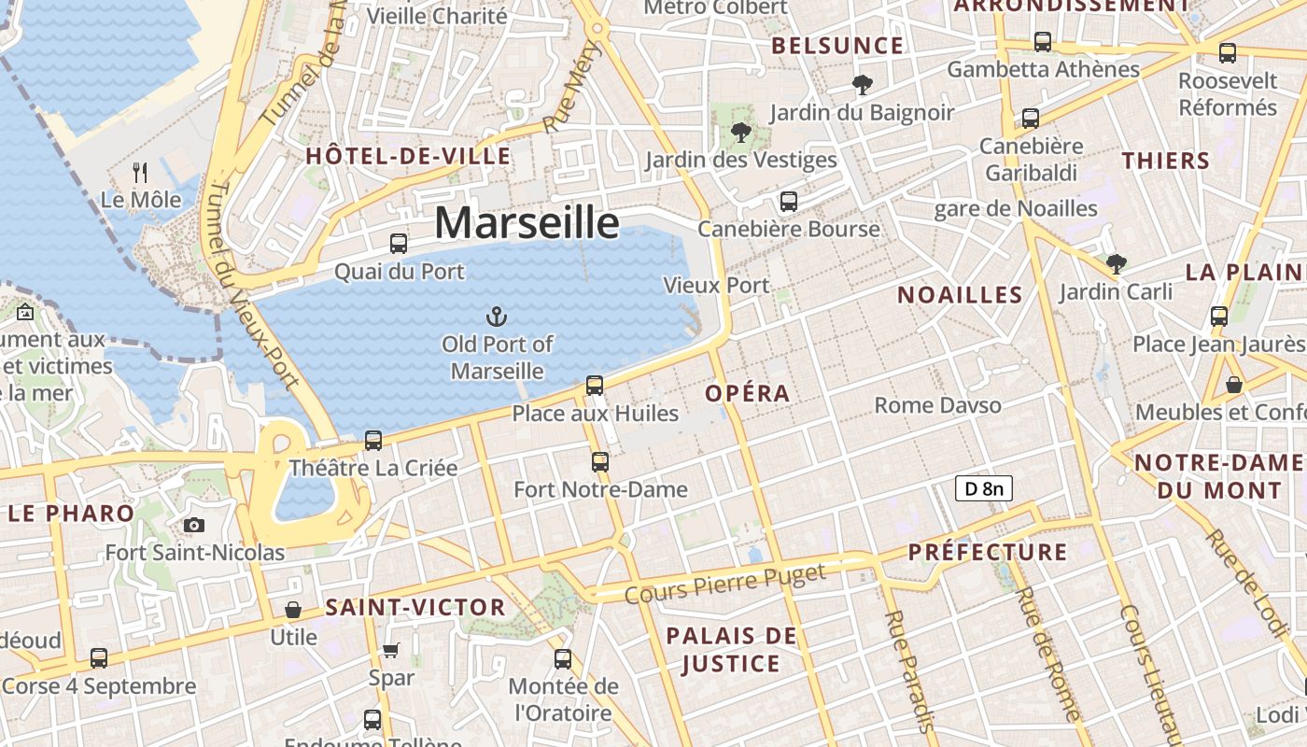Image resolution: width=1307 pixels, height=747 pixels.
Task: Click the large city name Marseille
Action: click(527, 223)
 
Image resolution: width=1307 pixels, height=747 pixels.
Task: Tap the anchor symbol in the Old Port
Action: click(497, 316)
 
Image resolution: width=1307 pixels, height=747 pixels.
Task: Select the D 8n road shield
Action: click(983, 487)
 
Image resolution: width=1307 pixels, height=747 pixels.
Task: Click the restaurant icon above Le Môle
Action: click(140, 172)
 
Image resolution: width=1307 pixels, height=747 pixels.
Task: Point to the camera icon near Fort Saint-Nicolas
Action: click(194, 525)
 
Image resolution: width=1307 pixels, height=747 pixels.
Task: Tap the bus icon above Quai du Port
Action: click(399, 244)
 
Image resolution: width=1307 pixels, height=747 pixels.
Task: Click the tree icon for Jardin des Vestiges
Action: click(741, 133)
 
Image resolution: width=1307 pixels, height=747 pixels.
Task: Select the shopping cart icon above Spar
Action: click(391, 650)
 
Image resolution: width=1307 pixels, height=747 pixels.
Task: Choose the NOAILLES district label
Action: click(960, 296)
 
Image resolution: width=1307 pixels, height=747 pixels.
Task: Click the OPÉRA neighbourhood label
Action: click(748, 393)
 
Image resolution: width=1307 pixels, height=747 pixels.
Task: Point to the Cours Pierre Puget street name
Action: click(725, 583)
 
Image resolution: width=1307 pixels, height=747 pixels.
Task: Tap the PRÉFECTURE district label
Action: click(988, 552)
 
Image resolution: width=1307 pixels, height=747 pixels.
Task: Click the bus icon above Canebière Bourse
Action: click(789, 202)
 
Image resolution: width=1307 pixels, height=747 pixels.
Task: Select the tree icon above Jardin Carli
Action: click(1116, 264)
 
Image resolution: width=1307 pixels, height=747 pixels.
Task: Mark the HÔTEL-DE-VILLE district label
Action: click(408, 156)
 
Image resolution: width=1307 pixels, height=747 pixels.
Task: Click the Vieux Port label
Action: click(716, 286)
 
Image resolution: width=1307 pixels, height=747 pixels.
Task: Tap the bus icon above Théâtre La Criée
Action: click(373, 440)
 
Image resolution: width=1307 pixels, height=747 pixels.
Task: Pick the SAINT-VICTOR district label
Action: click(415, 608)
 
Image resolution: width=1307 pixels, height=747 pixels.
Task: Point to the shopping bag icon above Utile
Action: click(293, 611)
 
